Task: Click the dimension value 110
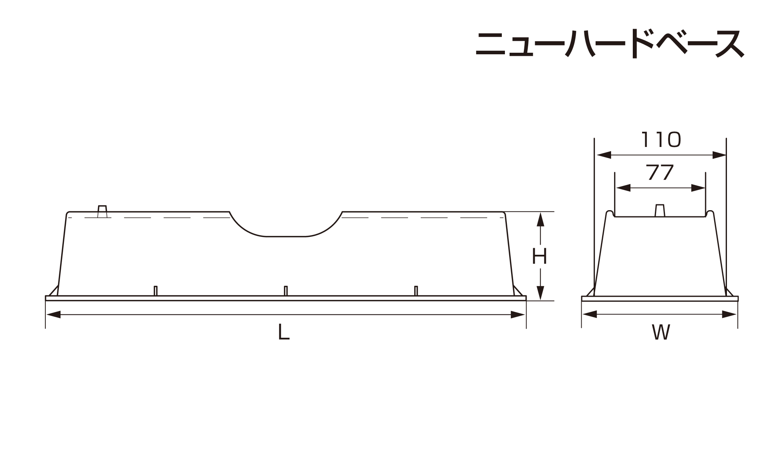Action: [x=661, y=140]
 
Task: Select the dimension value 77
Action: [x=660, y=173]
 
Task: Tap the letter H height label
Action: [x=539, y=256]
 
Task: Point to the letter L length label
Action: [x=284, y=332]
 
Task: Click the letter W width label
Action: [x=661, y=332]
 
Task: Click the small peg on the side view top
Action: [x=102, y=211]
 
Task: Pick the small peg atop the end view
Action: [x=660, y=211]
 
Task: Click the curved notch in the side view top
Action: [x=286, y=229]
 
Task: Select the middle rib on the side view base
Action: [x=286, y=291]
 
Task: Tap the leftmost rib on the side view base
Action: [x=155, y=291]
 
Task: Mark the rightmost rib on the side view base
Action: [x=416, y=291]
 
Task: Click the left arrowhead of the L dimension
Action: [x=53, y=314]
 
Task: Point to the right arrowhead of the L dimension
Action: [x=518, y=314]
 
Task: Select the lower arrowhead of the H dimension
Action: [x=541, y=293]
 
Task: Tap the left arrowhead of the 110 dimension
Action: [x=604, y=155]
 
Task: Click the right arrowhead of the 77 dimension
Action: [x=698, y=188]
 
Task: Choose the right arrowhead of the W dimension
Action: [x=729, y=314]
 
